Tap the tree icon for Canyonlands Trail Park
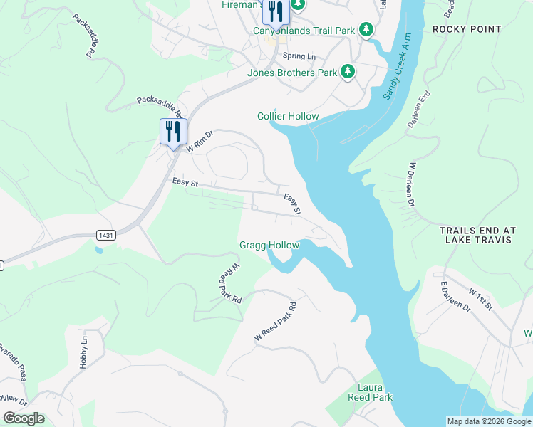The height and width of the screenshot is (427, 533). coord(366,30)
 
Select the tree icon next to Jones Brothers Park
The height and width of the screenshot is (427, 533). coord(347,71)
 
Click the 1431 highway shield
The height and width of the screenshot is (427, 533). coord(105,234)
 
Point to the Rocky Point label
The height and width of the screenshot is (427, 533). coord(467,30)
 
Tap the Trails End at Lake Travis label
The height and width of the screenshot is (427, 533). coord(476,235)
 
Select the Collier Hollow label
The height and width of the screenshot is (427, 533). coord(288,116)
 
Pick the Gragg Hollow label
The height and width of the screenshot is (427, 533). coord(269,246)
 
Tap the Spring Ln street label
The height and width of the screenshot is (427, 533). coord(299,56)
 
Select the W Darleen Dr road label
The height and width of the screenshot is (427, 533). coord(410,183)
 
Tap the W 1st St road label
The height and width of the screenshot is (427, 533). coord(480,299)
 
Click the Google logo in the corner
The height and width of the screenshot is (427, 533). coord(24,418)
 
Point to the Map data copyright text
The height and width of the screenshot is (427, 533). coord(489,421)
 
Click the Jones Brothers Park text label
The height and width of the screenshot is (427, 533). coord(292,72)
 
